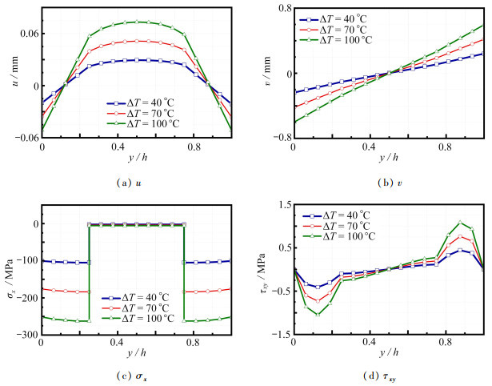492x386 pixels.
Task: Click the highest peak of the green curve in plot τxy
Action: click(x=460, y=222)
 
